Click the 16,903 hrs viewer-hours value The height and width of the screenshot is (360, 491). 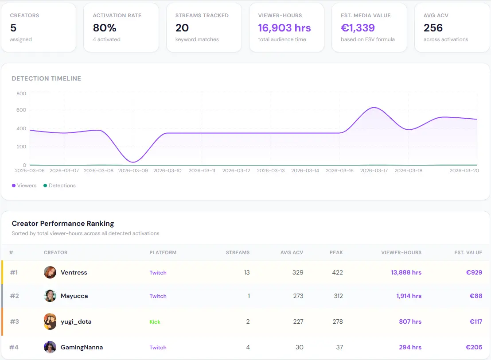[284, 28]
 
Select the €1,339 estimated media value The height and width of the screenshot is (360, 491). [358, 28]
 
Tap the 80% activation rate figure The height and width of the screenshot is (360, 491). [105, 28]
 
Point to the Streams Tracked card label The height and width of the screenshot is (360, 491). [202, 15]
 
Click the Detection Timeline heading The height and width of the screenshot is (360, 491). [46, 78]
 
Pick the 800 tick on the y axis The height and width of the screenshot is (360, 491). [21, 93]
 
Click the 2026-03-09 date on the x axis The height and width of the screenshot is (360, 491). [133, 170]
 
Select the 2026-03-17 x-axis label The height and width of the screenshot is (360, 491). [374, 170]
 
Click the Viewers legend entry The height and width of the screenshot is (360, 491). [24, 186]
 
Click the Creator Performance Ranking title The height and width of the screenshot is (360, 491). [62, 224]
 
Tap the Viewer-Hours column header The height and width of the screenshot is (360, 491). [401, 252]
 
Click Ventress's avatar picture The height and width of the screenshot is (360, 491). [50, 272]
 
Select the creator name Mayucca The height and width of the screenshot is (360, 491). [74, 296]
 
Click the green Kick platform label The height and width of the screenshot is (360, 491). [155, 322]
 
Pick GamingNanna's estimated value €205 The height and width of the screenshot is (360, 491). [474, 347]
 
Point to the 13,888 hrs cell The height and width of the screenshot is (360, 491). [406, 272]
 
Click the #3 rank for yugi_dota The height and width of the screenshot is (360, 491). [14, 321]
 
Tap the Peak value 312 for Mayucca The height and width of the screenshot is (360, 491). [338, 296]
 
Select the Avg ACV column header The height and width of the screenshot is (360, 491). [292, 252]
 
